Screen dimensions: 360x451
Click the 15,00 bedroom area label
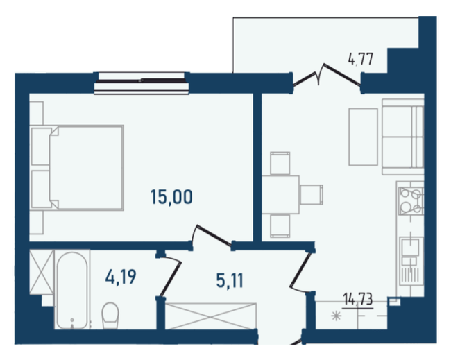click(171, 197)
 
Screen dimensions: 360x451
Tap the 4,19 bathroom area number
click(121, 278)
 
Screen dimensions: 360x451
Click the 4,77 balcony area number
click(361, 59)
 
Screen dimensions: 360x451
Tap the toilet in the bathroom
click(110, 316)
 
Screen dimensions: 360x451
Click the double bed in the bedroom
click(78, 166)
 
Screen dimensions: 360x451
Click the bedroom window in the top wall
click(142, 81)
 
